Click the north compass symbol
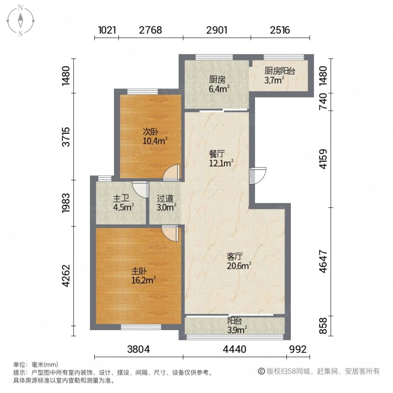coord(21,21)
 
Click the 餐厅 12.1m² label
coord(219,157)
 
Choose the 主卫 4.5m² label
coord(121,203)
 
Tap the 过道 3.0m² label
coord(165,203)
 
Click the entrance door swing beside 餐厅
coord(257,176)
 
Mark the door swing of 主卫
coord(140,189)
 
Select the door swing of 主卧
coord(171,233)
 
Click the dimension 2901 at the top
coord(217,30)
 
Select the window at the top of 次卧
coord(142,91)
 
